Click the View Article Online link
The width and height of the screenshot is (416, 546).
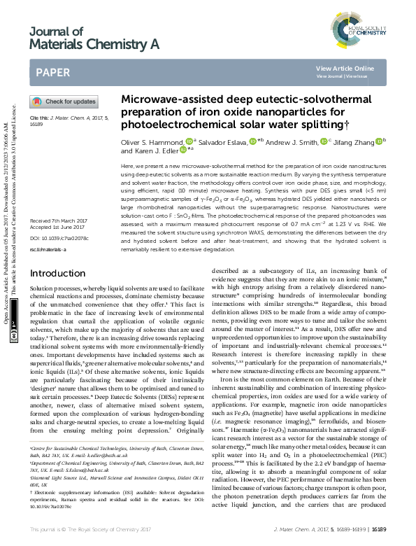pos(354,68)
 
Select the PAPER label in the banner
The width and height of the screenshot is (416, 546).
pos(52,72)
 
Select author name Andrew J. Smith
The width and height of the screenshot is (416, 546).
pos(292,142)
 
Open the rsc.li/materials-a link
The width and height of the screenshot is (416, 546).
pos(48,248)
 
